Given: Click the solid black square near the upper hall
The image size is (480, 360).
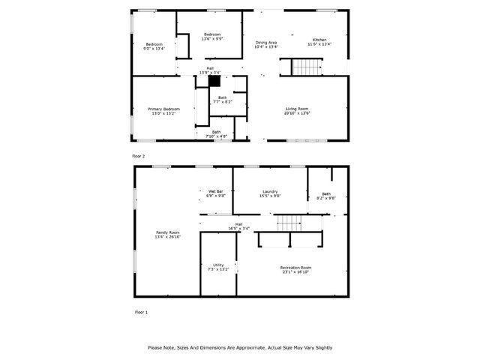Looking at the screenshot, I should click(214, 82).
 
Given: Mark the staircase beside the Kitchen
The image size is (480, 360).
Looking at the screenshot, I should click(306, 68).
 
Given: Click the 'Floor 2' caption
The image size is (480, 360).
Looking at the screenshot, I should click(138, 156).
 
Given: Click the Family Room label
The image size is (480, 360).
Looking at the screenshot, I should click(168, 234).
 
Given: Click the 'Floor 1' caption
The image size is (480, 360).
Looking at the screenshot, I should click(140, 311).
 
